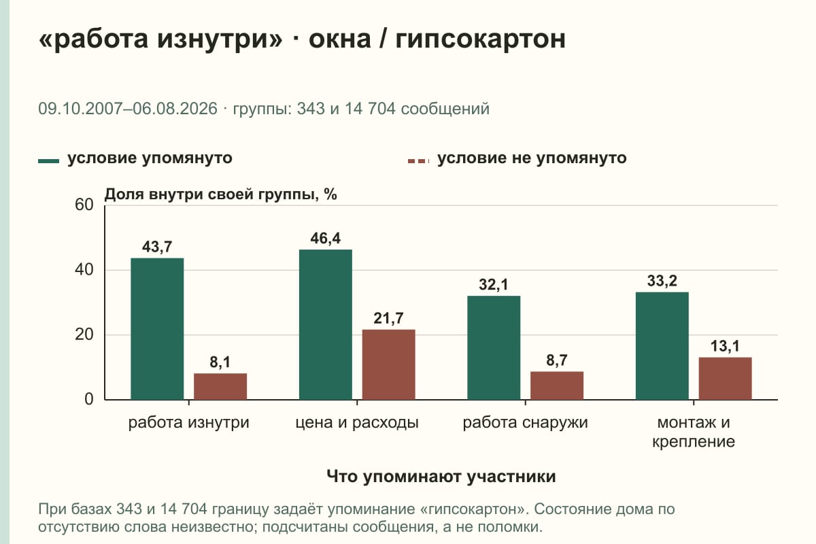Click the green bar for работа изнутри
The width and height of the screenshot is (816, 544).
coord(157,329)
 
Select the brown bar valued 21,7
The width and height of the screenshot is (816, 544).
coord(388,364)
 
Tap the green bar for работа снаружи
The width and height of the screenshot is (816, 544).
coord(494,348)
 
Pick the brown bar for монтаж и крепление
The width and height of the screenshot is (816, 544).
coord(725,379)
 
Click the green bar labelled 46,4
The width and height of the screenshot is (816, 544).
coord(326,324)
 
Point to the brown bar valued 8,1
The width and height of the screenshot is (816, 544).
coord(220,387)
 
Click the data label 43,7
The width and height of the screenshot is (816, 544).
coord(157,247)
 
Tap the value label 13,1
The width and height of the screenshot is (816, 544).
coord(725,346)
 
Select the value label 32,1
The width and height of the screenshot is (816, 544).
coord(494,284)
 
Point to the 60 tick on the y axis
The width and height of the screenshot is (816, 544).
coord(84,205)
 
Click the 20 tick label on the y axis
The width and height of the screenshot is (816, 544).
coord(84,335)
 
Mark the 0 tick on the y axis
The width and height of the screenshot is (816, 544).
coord(89,400)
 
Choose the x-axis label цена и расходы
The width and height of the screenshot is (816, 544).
coord(357,423)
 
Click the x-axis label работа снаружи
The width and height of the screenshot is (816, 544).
coord(525,423)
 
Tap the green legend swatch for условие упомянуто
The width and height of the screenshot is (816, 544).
coord(48,161)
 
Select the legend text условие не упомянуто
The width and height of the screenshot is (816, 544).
coord(532,158)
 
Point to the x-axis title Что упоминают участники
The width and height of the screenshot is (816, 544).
coord(441,476)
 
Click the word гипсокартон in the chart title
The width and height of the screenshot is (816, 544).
coord(481,39)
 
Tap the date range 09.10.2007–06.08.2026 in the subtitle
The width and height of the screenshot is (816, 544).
coord(128,109)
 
